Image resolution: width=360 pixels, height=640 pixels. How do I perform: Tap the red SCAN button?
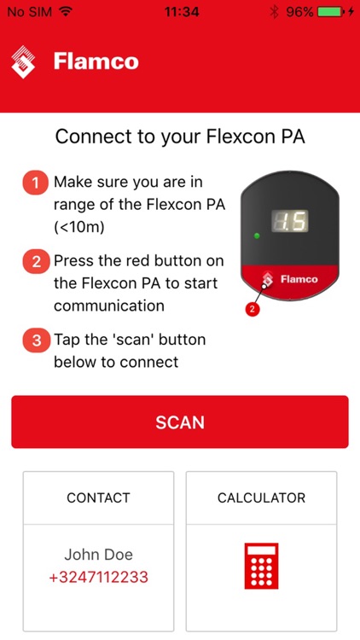point(179,422)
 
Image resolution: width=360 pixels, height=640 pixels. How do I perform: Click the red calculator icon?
point(261,565)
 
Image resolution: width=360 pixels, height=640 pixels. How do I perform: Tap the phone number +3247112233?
point(98,578)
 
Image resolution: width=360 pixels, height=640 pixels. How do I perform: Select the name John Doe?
point(98,555)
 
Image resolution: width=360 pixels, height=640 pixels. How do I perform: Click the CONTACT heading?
point(98,497)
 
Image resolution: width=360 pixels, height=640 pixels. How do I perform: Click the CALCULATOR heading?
point(261,497)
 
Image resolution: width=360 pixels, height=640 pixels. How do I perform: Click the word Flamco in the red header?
point(96,61)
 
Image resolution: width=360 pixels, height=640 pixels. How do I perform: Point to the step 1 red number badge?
point(36,183)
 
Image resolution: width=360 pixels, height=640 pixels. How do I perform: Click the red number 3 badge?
point(36,340)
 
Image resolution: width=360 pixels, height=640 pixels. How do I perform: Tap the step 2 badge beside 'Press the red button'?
point(36,262)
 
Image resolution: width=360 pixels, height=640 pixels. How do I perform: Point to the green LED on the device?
point(255,235)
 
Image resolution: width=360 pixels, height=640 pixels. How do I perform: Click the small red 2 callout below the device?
point(253,310)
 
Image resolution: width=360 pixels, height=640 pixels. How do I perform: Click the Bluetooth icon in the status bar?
point(274,13)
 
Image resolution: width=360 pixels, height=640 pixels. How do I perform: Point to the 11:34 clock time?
point(180,13)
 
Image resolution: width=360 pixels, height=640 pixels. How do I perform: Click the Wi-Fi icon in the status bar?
point(66,13)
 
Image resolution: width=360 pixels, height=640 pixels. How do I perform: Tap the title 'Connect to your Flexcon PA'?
point(179,137)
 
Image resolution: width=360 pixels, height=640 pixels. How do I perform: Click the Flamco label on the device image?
point(299,279)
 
